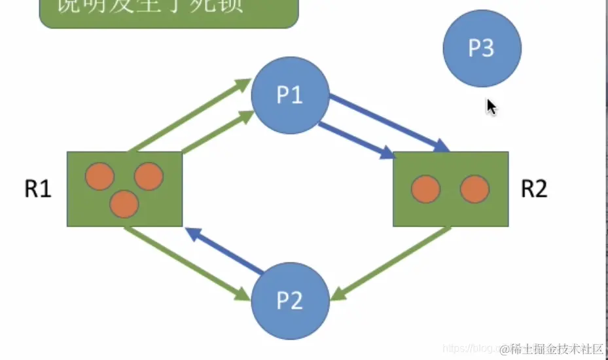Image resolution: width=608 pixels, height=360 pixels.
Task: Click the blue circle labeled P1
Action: click(289, 96)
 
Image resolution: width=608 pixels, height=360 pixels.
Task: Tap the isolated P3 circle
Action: click(482, 48)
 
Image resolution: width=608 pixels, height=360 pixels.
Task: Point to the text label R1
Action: click(38, 189)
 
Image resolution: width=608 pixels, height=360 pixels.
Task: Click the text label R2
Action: click(534, 189)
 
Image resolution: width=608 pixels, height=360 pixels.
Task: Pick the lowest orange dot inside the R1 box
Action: click(124, 204)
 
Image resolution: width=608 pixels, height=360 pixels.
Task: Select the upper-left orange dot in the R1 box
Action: click(100, 177)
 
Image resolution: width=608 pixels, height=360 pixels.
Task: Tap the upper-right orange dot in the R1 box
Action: click(149, 177)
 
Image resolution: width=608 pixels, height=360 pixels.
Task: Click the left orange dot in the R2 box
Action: click(425, 189)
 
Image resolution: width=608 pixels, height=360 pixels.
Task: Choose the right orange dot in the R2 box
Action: click(474, 189)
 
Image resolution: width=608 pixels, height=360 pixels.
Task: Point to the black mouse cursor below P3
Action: click(491, 107)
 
